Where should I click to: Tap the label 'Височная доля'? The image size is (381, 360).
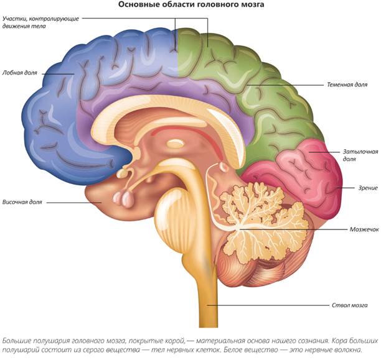click(x=22, y=203)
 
